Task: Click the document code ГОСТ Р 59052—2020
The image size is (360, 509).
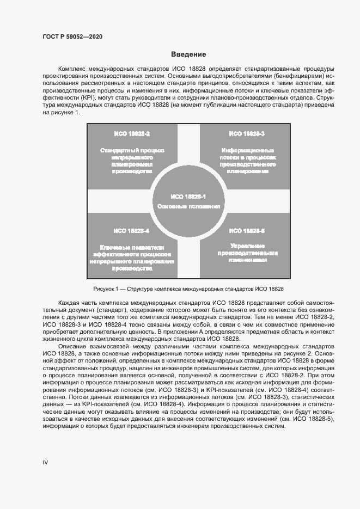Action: pos(72,36)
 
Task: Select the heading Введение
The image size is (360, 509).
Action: pos(188,54)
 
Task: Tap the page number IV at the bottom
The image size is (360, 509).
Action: pos(45,462)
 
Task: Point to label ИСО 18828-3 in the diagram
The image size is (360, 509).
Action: pos(246,134)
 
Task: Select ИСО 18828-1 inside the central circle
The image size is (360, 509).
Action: pos(188,196)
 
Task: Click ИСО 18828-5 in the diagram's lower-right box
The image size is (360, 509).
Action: pos(247,231)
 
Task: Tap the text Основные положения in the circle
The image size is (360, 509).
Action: pos(188,207)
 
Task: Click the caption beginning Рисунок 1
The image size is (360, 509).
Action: pos(188,289)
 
